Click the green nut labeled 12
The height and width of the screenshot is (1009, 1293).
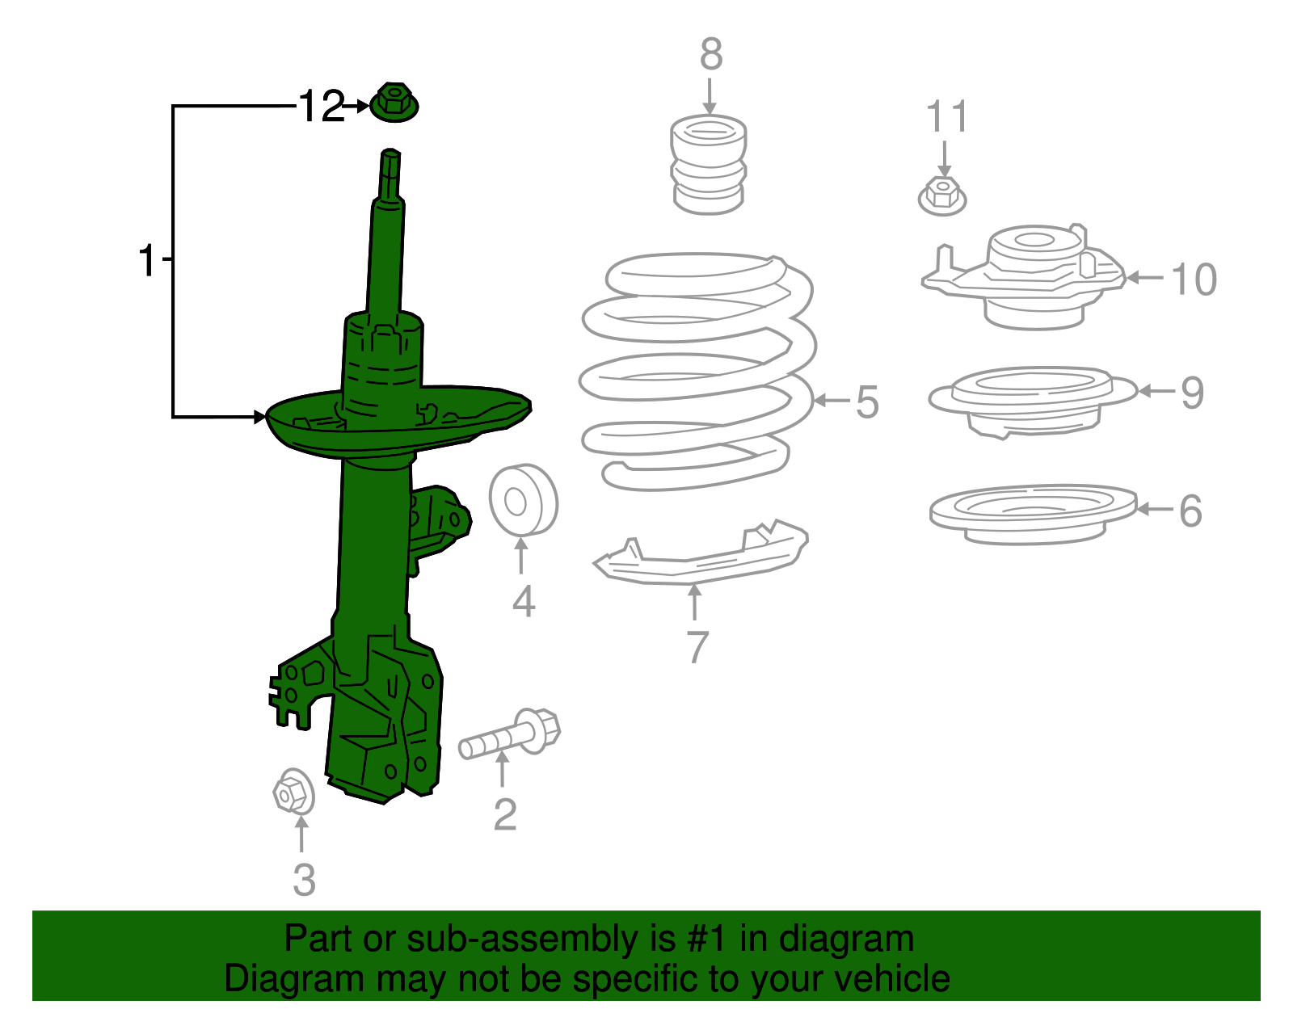click(394, 103)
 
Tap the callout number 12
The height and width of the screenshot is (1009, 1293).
click(321, 107)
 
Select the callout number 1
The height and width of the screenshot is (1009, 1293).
click(146, 260)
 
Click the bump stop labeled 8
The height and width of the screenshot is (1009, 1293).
click(709, 165)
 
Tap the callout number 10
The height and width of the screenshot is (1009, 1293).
click(1194, 280)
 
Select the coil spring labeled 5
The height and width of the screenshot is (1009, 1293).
click(697, 372)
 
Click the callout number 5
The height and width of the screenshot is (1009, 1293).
click(867, 401)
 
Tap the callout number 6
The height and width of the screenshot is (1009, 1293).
click(1190, 511)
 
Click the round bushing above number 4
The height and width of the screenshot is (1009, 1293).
click(522, 500)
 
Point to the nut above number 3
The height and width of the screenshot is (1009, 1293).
click(292, 792)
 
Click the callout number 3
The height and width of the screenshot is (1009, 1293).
click(304, 880)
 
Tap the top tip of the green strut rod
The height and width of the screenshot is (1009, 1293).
click(390, 153)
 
